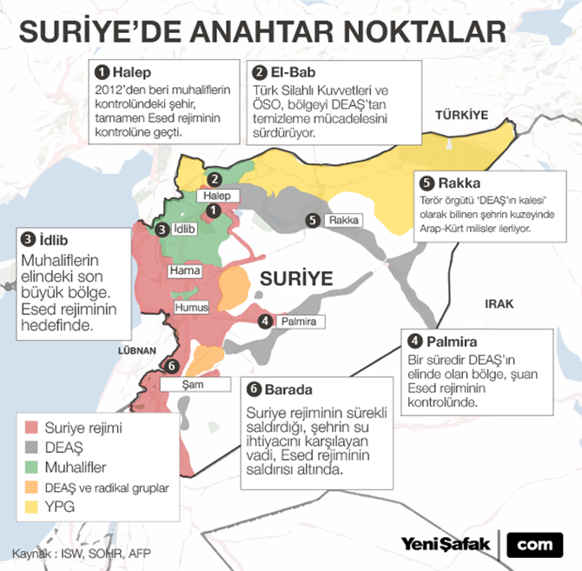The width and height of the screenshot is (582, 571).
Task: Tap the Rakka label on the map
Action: tap(344, 221)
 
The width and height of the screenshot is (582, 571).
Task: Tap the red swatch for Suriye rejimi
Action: tap(29, 428)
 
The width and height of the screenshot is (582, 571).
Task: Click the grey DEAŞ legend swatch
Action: tap(29, 448)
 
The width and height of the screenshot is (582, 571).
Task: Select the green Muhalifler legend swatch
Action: tap(29, 468)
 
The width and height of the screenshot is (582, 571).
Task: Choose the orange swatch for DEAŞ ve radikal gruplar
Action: tap(29, 488)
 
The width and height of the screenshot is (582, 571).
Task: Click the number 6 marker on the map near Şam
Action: tap(171, 366)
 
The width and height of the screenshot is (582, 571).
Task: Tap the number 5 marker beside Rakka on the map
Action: tap(314, 221)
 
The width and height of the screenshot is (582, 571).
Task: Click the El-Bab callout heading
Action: tap(291, 73)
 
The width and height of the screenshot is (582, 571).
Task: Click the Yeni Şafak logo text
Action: tap(446, 543)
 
